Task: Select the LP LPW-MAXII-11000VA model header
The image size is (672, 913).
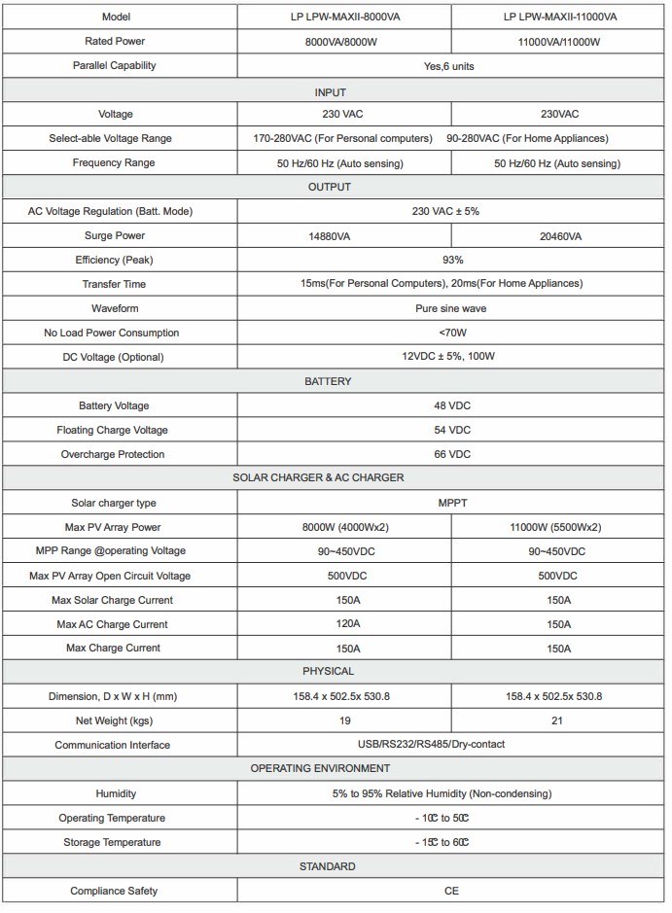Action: (x=560, y=18)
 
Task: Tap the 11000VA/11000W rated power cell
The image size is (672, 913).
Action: (x=560, y=42)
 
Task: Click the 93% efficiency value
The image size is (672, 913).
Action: (x=451, y=260)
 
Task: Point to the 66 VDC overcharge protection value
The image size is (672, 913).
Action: (x=451, y=454)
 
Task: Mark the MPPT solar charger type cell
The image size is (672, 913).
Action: (x=451, y=503)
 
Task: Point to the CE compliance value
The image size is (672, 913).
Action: (x=451, y=891)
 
